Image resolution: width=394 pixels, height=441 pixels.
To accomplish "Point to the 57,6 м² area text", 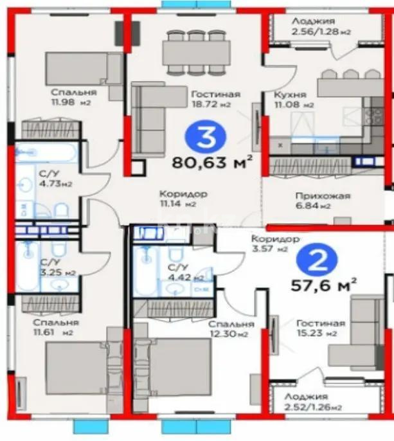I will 326,284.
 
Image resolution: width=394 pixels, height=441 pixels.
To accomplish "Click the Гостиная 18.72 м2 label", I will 215,99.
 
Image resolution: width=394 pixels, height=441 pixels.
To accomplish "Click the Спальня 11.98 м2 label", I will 71,96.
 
